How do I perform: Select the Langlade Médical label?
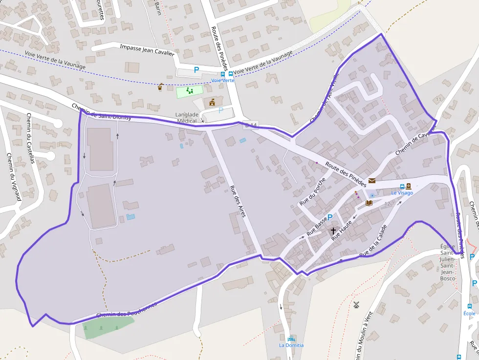[187, 118]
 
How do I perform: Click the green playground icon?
[189, 91]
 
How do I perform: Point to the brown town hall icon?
[212, 102]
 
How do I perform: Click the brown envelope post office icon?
[372, 181]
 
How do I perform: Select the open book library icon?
[369, 202]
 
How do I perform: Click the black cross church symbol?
[333, 231]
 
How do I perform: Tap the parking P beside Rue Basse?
[329, 217]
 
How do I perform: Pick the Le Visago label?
[402, 193]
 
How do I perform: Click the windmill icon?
[356, 305]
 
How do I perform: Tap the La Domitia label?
[291, 345]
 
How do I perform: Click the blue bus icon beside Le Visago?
[402, 186]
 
